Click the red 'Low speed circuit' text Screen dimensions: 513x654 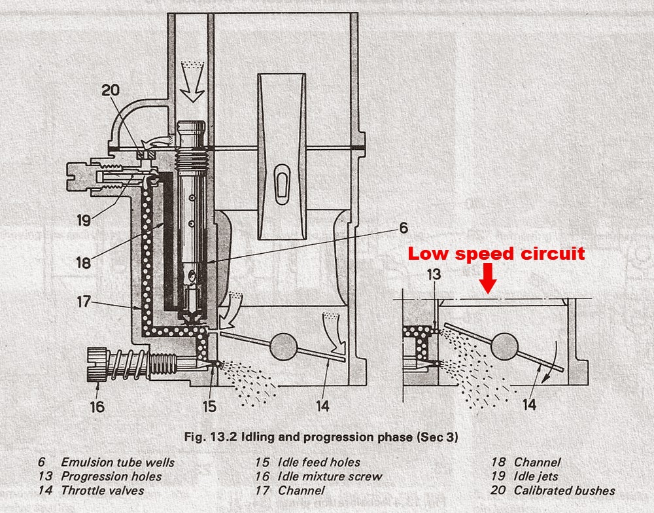(x=496, y=254)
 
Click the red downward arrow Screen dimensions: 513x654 (x=489, y=282)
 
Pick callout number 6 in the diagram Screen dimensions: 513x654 (x=404, y=228)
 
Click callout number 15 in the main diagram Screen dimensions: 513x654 (x=209, y=406)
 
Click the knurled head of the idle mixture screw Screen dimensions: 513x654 (x=95, y=364)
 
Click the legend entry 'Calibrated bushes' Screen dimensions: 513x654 (x=564, y=490)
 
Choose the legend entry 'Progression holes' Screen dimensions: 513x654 (x=111, y=476)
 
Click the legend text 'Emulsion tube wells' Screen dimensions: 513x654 (x=118, y=462)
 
